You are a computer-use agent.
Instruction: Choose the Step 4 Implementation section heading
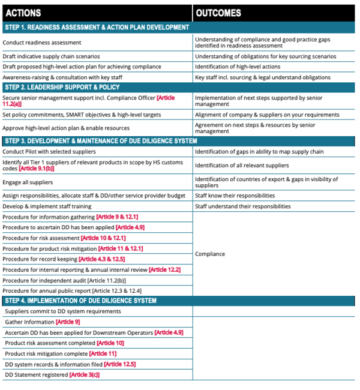80,301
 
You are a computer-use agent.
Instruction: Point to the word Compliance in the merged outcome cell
211,254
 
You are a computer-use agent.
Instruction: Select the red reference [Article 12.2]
164,270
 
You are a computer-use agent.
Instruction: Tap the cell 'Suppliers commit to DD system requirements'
63,311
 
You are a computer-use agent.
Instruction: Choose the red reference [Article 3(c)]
85,375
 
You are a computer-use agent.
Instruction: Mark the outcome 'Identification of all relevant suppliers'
242,166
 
